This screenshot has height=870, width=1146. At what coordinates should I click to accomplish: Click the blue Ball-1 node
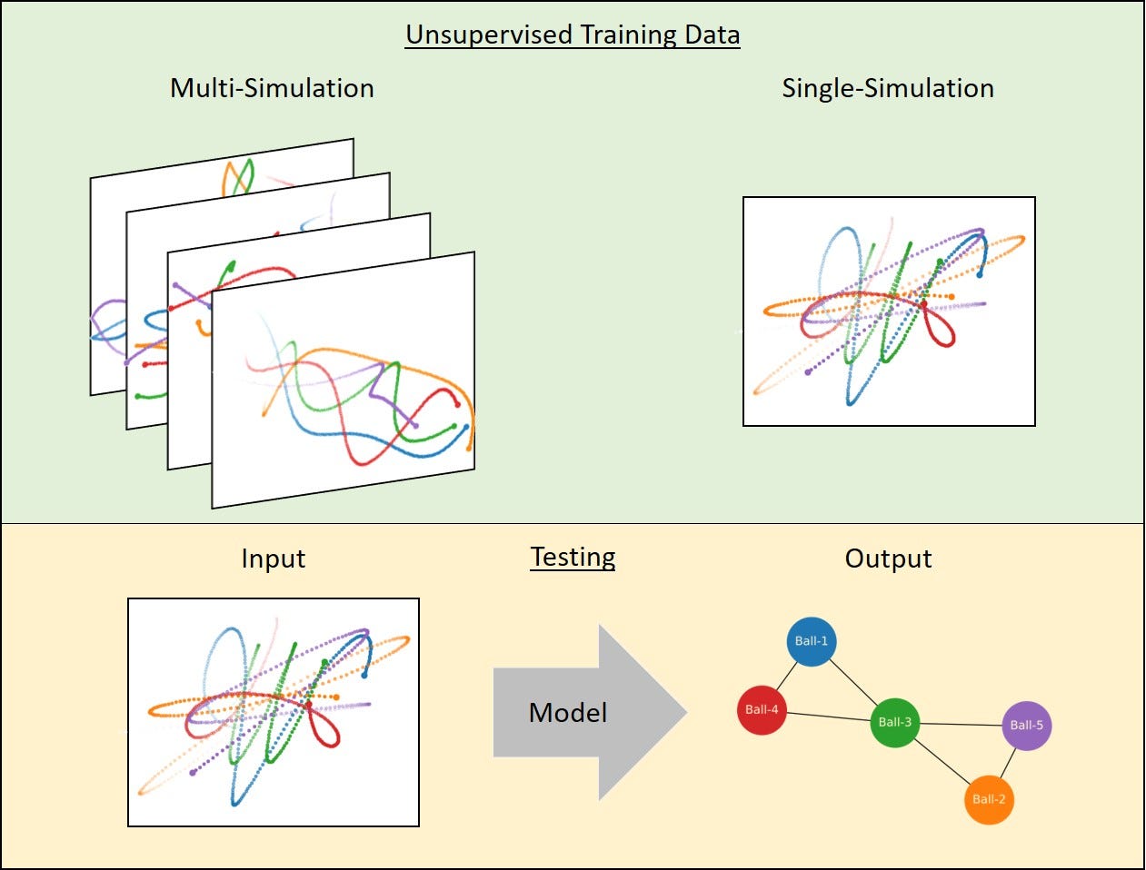(811, 641)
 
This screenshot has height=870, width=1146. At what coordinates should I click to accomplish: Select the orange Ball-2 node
(989, 799)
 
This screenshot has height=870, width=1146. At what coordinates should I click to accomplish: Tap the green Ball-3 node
(895, 723)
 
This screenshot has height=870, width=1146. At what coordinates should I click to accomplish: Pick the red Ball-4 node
(762, 709)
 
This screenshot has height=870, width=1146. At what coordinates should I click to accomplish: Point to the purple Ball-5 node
(1026, 726)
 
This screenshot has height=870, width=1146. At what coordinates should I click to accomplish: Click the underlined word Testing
(573, 557)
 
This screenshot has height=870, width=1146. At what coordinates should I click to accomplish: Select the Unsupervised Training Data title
(573, 35)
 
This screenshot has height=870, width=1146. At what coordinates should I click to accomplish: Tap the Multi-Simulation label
(272, 88)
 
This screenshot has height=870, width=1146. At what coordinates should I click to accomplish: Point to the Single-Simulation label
(888, 88)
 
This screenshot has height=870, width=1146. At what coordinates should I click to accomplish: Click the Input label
(273, 559)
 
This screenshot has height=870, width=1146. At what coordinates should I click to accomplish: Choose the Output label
(888, 559)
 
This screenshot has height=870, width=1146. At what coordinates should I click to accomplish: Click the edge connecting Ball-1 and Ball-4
(786, 675)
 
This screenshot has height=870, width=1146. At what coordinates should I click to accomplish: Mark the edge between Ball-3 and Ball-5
(961, 725)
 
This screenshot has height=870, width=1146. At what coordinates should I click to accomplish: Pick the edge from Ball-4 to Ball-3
(828, 717)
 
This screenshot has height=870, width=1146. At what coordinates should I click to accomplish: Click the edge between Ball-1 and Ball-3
(853, 682)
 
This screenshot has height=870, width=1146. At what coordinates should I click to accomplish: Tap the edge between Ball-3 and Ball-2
(942, 761)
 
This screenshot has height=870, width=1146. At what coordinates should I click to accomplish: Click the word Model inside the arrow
(568, 713)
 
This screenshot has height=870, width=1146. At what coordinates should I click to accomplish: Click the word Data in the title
(709, 35)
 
